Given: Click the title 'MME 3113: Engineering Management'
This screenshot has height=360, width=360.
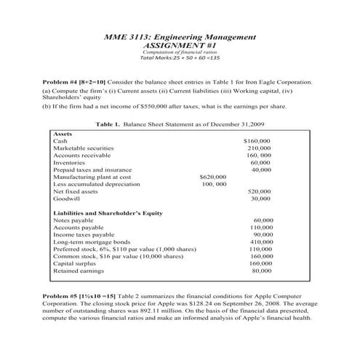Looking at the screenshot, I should (180, 36).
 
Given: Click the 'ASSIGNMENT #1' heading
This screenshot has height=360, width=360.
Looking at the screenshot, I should (180, 44).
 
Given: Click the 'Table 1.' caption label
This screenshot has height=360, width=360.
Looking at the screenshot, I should (109, 124).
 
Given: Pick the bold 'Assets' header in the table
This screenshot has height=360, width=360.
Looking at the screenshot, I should (63, 134).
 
